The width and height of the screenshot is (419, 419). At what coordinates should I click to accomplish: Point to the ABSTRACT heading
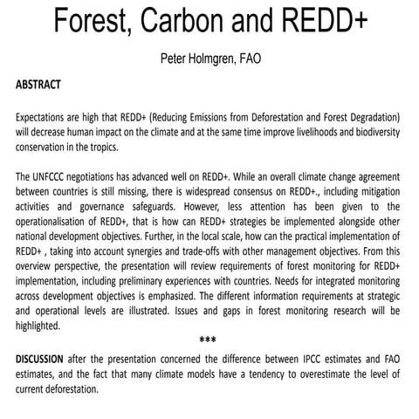pyautogui.click(x=38, y=86)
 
